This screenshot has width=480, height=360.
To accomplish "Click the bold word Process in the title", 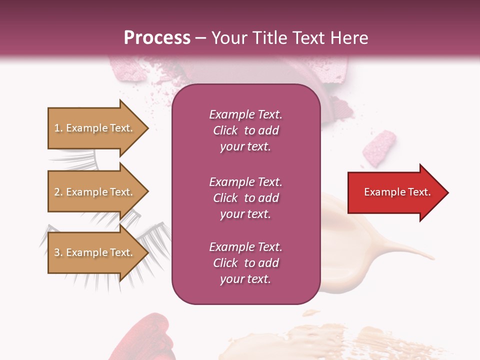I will pyautogui.click(x=157, y=38).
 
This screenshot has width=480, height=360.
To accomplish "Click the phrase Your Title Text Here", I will pyautogui.click(x=289, y=38).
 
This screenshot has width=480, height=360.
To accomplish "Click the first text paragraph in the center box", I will pyautogui.click(x=245, y=130).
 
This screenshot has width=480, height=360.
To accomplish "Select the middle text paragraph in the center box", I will pyautogui.click(x=245, y=198).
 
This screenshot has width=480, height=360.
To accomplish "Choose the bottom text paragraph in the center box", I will pyautogui.click(x=245, y=263).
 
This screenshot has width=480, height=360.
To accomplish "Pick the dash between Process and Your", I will pyautogui.click(x=201, y=38).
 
